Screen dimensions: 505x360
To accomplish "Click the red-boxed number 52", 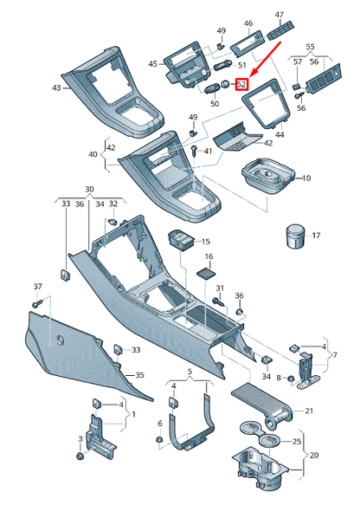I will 242,85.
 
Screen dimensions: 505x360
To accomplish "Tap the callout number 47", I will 279,16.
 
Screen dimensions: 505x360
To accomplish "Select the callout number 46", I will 248,23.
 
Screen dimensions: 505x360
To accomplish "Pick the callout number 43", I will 56,87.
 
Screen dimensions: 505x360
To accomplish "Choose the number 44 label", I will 279,137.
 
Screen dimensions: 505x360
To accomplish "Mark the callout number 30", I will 88,190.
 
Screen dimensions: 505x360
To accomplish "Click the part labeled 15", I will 181,240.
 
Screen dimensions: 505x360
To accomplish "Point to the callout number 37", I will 37,287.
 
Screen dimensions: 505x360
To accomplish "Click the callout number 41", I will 208,152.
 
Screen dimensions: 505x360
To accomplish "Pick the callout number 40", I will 93,155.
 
